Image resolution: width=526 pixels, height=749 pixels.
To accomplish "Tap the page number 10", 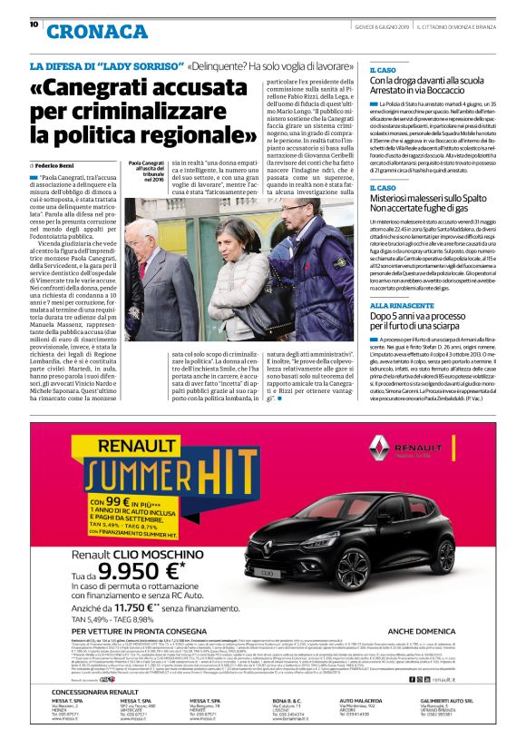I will click(x=34, y=25).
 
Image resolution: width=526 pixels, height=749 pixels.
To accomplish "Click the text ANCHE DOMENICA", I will click(x=422, y=628).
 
